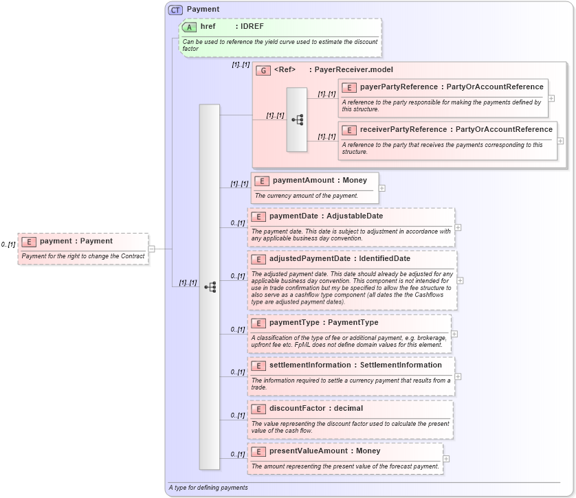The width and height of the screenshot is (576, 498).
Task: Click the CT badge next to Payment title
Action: [x=176, y=10]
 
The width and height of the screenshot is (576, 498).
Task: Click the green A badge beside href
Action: [x=189, y=27]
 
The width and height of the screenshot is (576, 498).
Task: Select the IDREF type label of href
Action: [x=252, y=27]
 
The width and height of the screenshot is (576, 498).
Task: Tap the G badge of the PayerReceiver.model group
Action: [x=263, y=70]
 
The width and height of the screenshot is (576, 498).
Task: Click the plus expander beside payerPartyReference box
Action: [x=551, y=98]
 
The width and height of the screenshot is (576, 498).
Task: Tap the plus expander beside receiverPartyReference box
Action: [x=560, y=141]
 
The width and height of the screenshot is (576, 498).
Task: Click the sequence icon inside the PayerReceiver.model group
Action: [x=297, y=120]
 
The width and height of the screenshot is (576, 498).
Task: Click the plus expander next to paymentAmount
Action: [x=382, y=188]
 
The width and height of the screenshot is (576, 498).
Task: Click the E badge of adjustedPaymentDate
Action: [x=258, y=259]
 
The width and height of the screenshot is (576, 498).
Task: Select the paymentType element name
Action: [x=293, y=323]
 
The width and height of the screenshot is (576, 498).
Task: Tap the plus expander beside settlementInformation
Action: [x=458, y=376]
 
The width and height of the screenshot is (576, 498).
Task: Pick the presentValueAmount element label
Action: [x=308, y=451]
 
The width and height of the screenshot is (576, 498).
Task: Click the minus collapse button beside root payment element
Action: [x=151, y=249]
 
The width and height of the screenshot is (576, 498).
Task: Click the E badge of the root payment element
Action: [x=29, y=242]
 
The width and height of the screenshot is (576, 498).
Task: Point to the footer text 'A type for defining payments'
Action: [x=208, y=488]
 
